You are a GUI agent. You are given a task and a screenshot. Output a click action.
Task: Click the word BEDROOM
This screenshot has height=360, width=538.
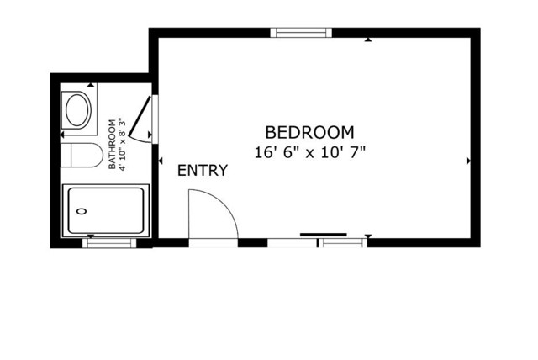coord(309,132)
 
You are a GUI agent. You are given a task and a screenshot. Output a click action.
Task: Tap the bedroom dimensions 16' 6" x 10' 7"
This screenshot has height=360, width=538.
coord(309,152)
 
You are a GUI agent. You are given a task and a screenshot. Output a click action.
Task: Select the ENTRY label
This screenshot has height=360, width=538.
coord(202,171)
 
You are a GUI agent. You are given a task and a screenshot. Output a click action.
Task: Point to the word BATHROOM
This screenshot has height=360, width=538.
coord(113,144)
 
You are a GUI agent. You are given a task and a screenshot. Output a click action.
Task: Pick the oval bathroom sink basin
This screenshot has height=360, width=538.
coord(78,110)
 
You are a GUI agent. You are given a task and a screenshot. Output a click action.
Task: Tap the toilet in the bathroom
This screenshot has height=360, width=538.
coord(83,155)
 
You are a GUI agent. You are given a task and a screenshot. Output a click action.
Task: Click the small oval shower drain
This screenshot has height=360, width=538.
coord(81,212)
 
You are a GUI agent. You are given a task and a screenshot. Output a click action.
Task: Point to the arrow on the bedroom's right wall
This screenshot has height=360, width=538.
coord(468,159)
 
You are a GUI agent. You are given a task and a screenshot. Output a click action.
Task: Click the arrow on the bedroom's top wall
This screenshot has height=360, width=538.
coord(368,40)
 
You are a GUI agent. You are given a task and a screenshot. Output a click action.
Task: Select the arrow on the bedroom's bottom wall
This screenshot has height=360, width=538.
coord(368,236)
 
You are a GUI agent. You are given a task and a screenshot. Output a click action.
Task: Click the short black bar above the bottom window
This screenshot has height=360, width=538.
coord(324,234)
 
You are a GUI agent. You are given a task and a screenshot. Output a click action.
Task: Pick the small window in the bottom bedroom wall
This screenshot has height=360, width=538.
coord(342,242)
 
